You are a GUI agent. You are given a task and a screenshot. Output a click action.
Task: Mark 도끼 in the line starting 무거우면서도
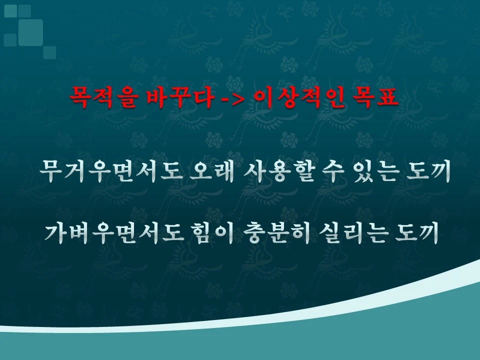(430, 172)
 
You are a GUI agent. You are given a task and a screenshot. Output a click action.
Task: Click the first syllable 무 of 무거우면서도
(52, 172)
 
